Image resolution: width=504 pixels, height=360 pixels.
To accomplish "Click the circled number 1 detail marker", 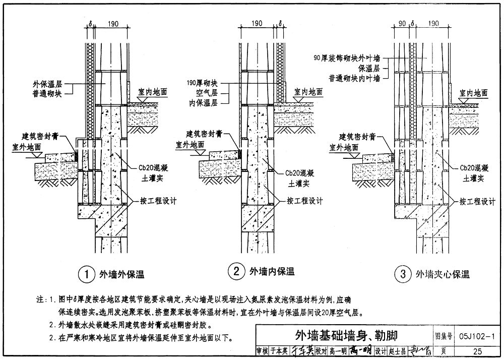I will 87,274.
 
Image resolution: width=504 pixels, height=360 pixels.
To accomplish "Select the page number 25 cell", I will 477,351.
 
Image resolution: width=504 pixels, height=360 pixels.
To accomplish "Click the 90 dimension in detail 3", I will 402,23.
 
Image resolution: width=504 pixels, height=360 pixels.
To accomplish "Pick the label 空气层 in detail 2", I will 209,93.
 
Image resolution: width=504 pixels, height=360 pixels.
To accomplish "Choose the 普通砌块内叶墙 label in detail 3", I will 358,78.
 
